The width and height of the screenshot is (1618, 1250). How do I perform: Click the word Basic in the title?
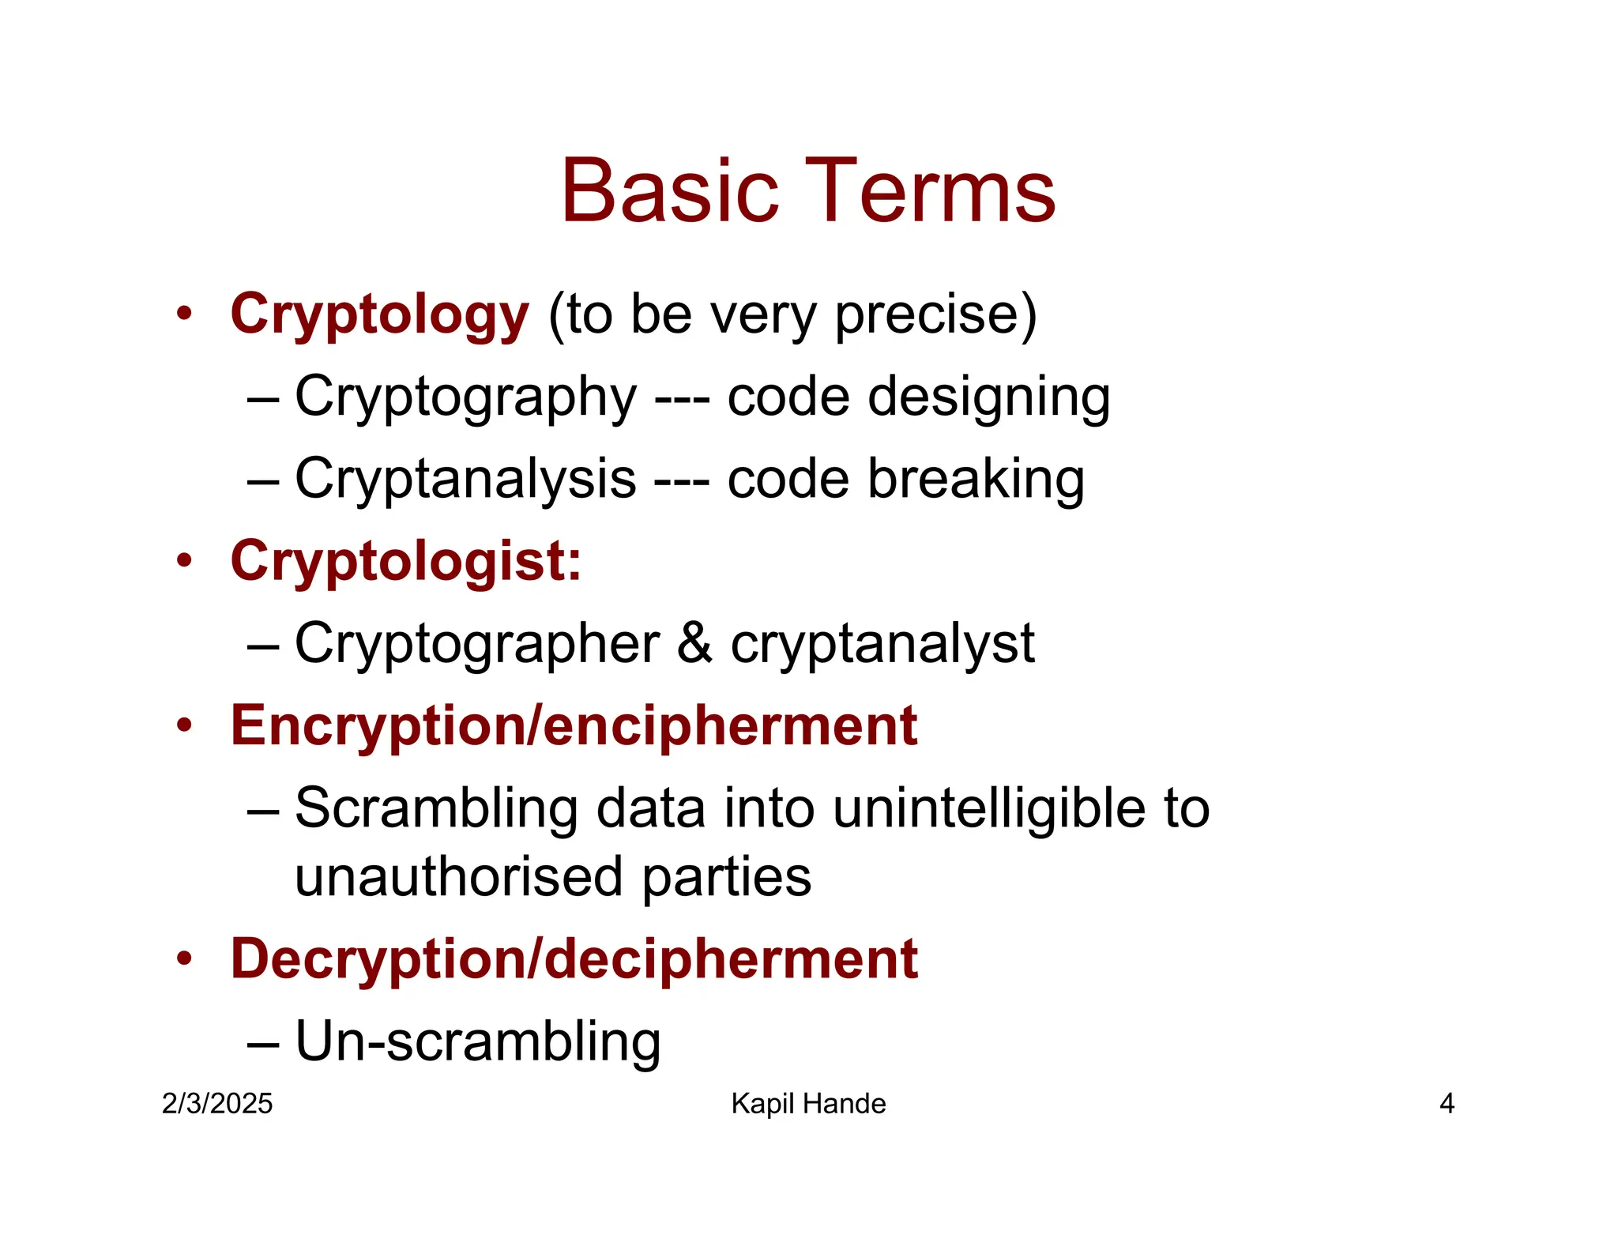point(670,191)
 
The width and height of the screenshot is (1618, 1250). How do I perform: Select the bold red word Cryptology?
point(379,315)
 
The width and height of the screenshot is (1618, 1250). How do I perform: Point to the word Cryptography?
point(465,397)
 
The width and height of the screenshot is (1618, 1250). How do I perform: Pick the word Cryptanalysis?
point(465,479)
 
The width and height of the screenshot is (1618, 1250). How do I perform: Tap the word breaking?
point(976,479)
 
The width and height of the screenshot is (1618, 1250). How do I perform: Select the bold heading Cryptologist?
point(406,562)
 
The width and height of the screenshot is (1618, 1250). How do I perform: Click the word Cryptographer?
point(477,643)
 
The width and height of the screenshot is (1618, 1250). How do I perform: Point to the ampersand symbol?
point(694,643)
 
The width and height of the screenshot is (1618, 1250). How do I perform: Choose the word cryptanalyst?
point(882,643)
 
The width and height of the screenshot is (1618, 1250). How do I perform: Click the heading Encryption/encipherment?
point(574,726)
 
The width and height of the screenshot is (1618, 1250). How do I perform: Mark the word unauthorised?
point(459,877)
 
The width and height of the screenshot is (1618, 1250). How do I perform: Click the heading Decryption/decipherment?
point(574,959)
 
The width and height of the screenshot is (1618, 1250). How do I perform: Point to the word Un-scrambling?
point(478,1041)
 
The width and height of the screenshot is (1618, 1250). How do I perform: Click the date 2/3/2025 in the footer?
point(217,1104)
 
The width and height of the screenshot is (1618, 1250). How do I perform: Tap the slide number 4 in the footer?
point(1447,1104)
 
